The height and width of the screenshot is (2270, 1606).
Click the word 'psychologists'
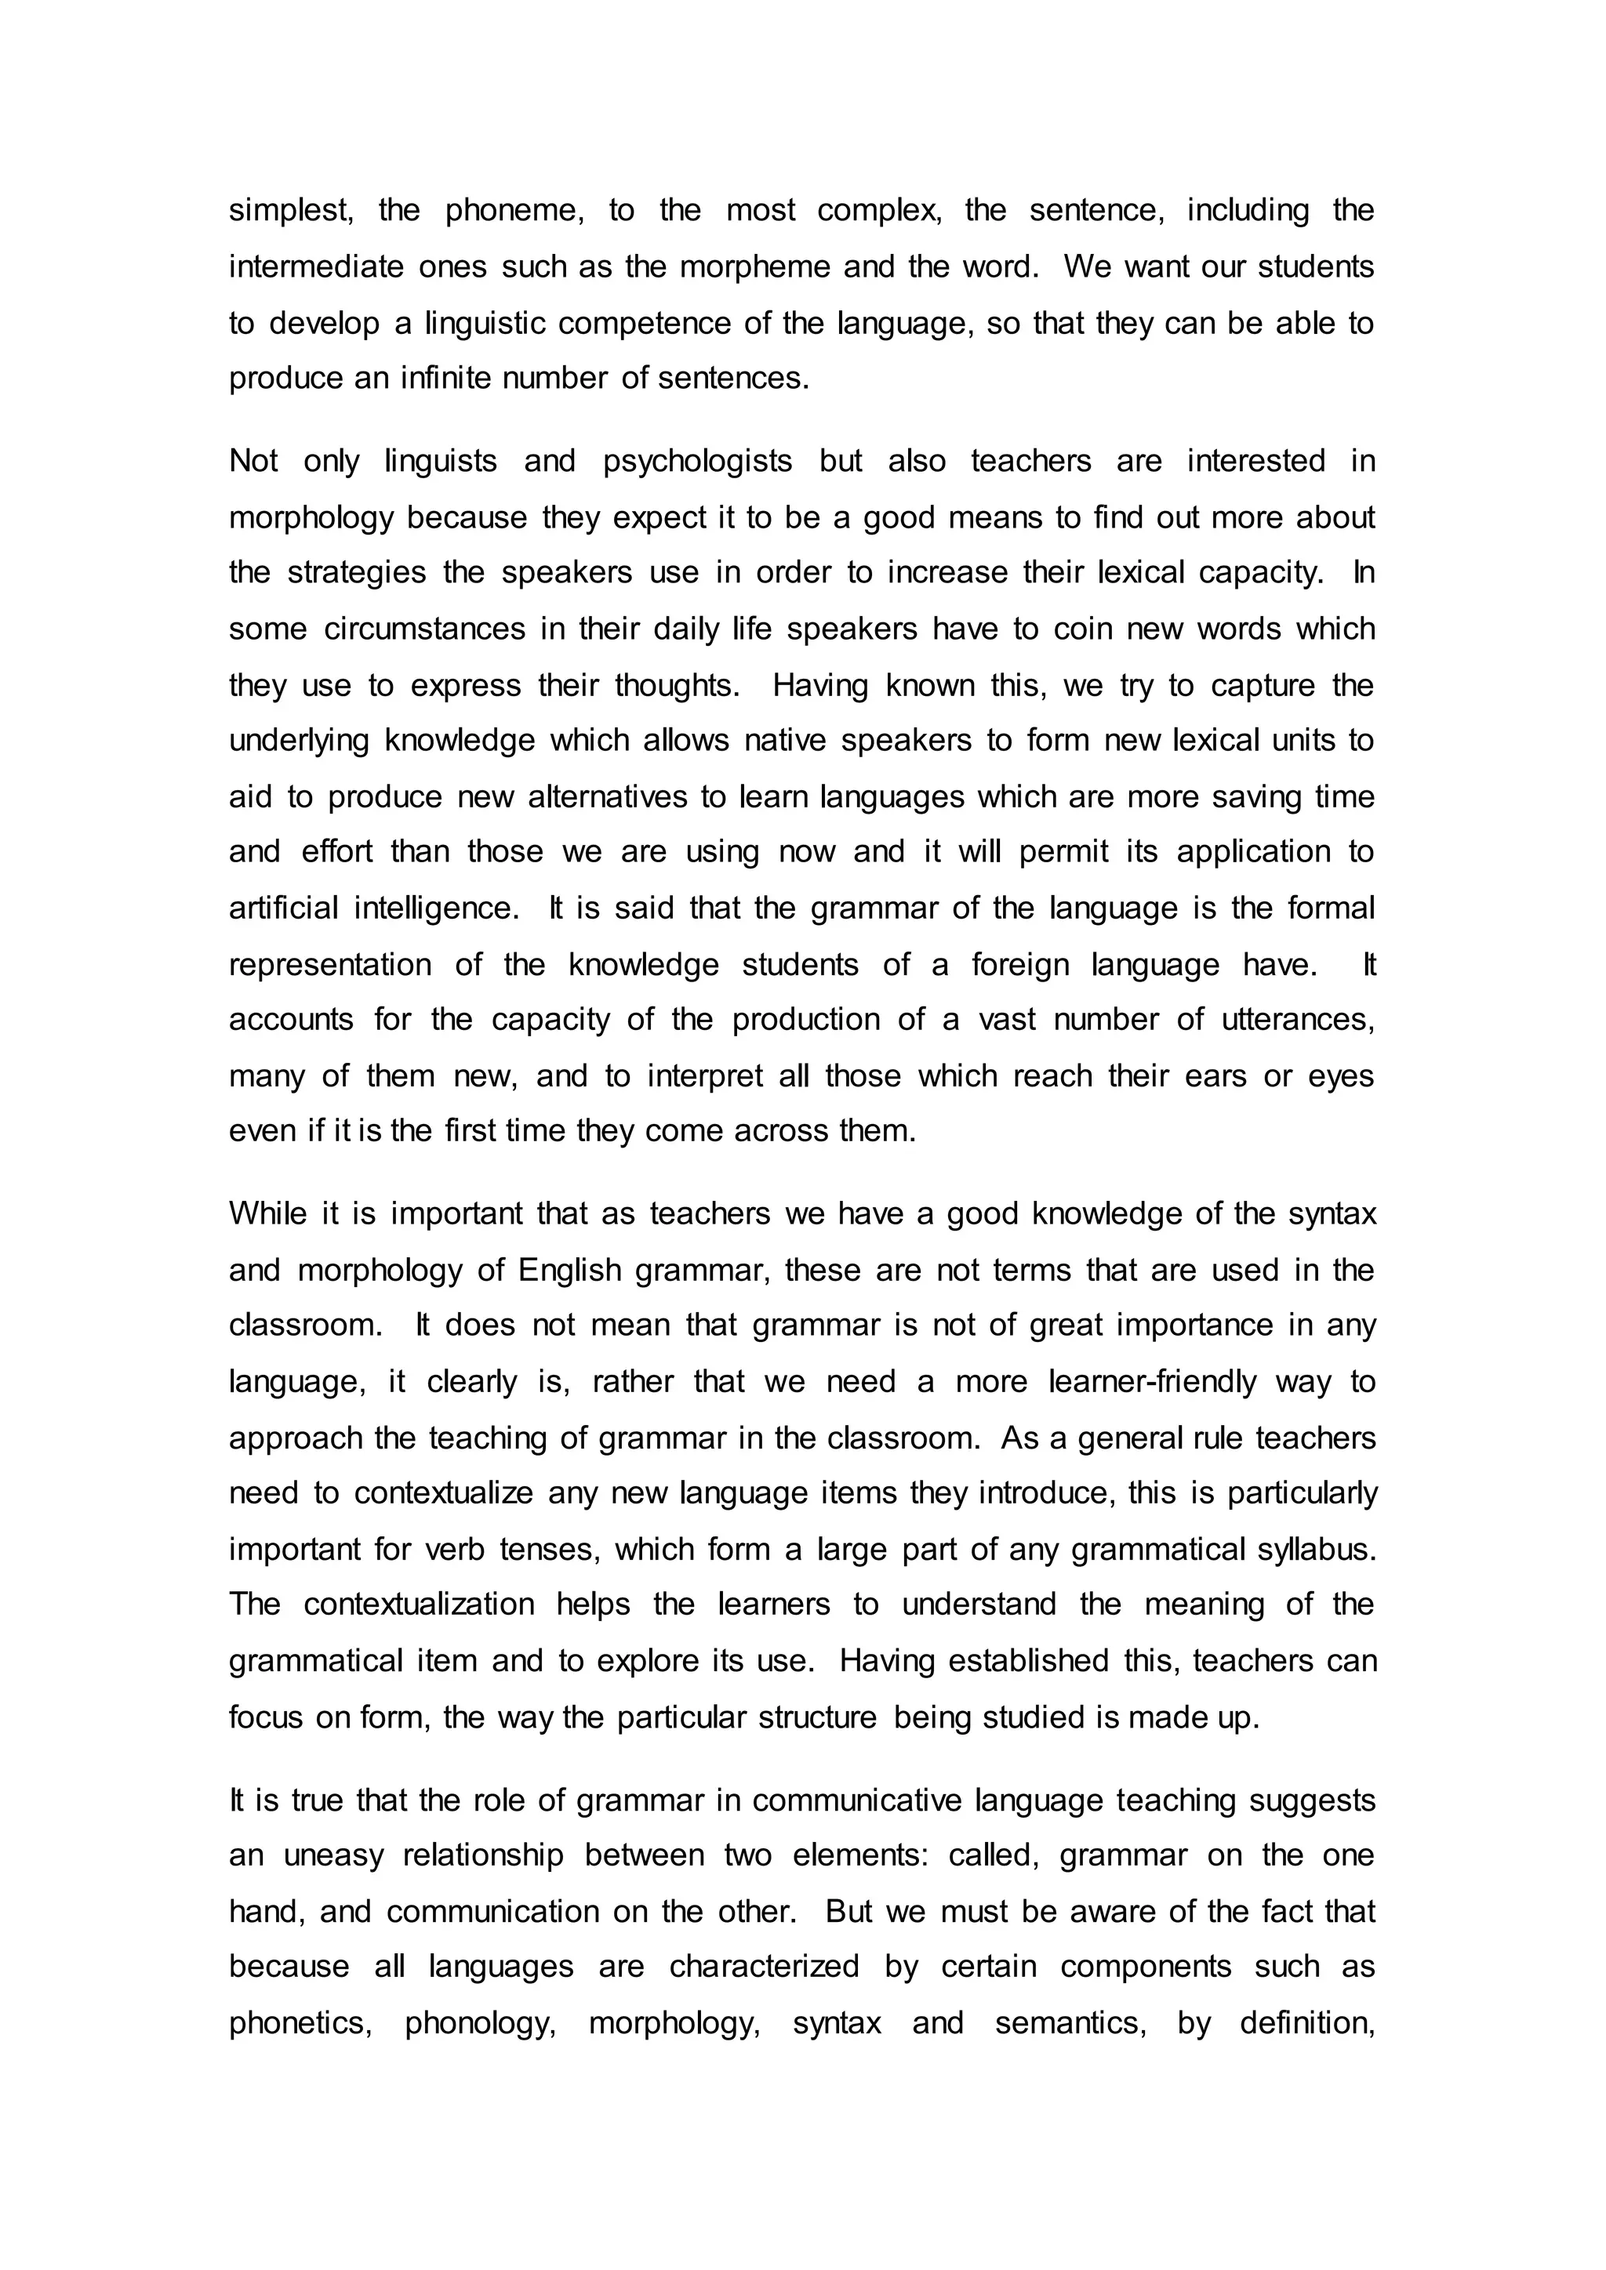[x=697, y=462]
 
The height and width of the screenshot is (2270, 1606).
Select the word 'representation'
[x=330, y=965]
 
